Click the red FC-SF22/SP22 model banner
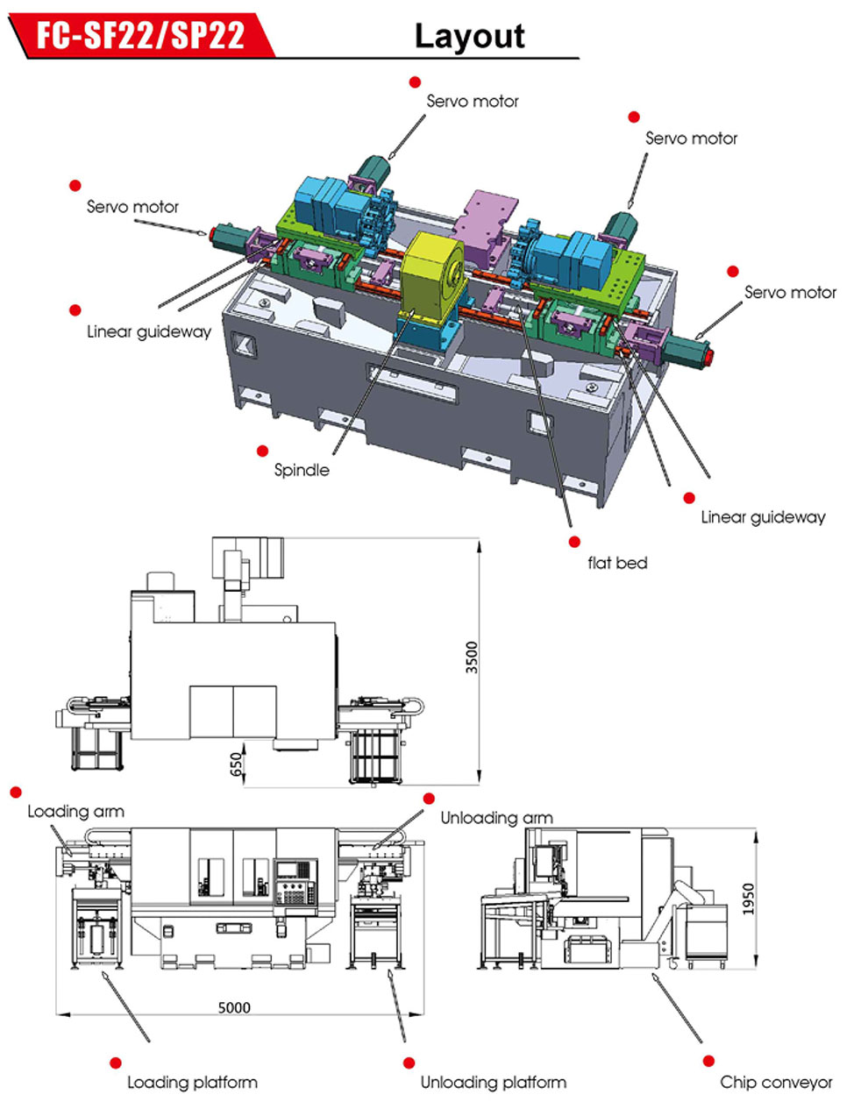click(140, 35)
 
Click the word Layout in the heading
click(469, 37)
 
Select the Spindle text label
click(302, 470)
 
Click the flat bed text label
click(617, 563)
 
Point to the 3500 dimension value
click(473, 658)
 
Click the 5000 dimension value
click(235, 1007)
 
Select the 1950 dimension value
click(746, 899)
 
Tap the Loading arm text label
click(75, 811)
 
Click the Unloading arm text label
click(496, 818)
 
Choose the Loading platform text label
click(193, 1082)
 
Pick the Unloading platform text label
click(493, 1082)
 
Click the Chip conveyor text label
click(776, 1082)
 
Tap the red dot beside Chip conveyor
click(708, 1062)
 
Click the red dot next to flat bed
click(574, 543)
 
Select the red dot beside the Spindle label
click(262, 451)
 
